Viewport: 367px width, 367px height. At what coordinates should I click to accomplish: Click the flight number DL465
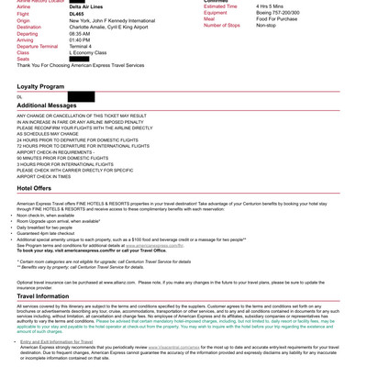pos(76,14)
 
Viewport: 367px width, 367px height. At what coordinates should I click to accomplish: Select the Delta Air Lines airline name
pos(84,6)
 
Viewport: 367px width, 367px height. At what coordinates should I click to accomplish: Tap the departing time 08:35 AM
pos(80,33)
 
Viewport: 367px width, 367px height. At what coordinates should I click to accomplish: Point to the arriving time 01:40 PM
pos(80,39)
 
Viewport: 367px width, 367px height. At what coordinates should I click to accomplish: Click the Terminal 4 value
pos(82,46)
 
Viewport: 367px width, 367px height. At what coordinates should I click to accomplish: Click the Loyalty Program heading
pos(40,86)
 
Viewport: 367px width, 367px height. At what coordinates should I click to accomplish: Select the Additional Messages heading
pos(47,106)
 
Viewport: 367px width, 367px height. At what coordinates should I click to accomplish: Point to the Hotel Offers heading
pos(34,188)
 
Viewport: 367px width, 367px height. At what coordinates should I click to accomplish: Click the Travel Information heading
pos(43,296)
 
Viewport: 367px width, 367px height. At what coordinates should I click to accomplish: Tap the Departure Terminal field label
pos(37,46)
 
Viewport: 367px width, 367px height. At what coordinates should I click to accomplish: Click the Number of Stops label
pos(221,26)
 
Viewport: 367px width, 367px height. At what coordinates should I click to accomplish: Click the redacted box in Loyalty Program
pos(81,96)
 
